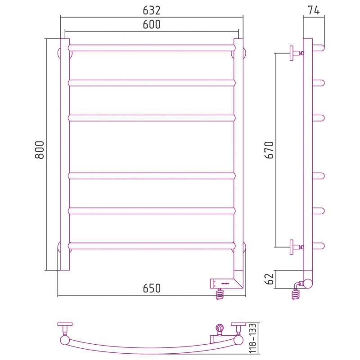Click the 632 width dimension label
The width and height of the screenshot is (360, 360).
pos(152,10)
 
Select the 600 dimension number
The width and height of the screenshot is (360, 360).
pos(152,24)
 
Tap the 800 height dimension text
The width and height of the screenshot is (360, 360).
pos(39,150)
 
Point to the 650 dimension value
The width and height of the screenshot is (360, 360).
pos(152,288)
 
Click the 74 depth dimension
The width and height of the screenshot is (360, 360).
pos(314,10)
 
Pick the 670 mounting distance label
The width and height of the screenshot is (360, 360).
pos(269,150)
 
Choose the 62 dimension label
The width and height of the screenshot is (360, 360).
pos(269,279)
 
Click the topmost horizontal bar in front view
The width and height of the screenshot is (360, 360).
pos(152,48)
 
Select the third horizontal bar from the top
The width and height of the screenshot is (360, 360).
pos(152,118)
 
